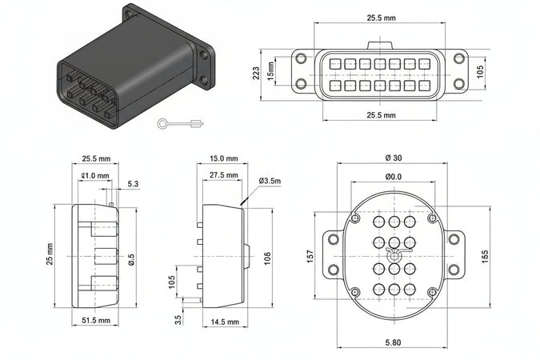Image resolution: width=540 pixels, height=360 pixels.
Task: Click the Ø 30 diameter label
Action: click(x=393, y=157)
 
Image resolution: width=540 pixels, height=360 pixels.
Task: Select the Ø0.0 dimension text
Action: click(x=393, y=176)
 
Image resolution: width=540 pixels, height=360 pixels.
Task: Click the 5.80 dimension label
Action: click(x=393, y=343)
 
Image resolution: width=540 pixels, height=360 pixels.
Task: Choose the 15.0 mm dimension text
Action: click(x=222, y=158)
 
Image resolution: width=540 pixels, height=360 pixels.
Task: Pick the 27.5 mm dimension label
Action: click(x=223, y=175)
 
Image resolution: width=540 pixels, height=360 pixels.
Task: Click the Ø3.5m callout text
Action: click(x=270, y=182)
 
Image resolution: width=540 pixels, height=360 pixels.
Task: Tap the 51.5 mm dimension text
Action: click(x=95, y=321)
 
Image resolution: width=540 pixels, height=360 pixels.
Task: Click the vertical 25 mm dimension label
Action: click(x=50, y=254)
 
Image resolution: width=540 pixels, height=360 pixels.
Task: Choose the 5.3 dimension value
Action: click(x=133, y=185)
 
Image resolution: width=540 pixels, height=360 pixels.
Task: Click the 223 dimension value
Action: click(x=255, y=74)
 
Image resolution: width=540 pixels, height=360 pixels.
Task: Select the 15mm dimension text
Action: click(x=270, y=74)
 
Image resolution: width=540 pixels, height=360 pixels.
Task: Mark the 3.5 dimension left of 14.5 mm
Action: click(x=179, y=320)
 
